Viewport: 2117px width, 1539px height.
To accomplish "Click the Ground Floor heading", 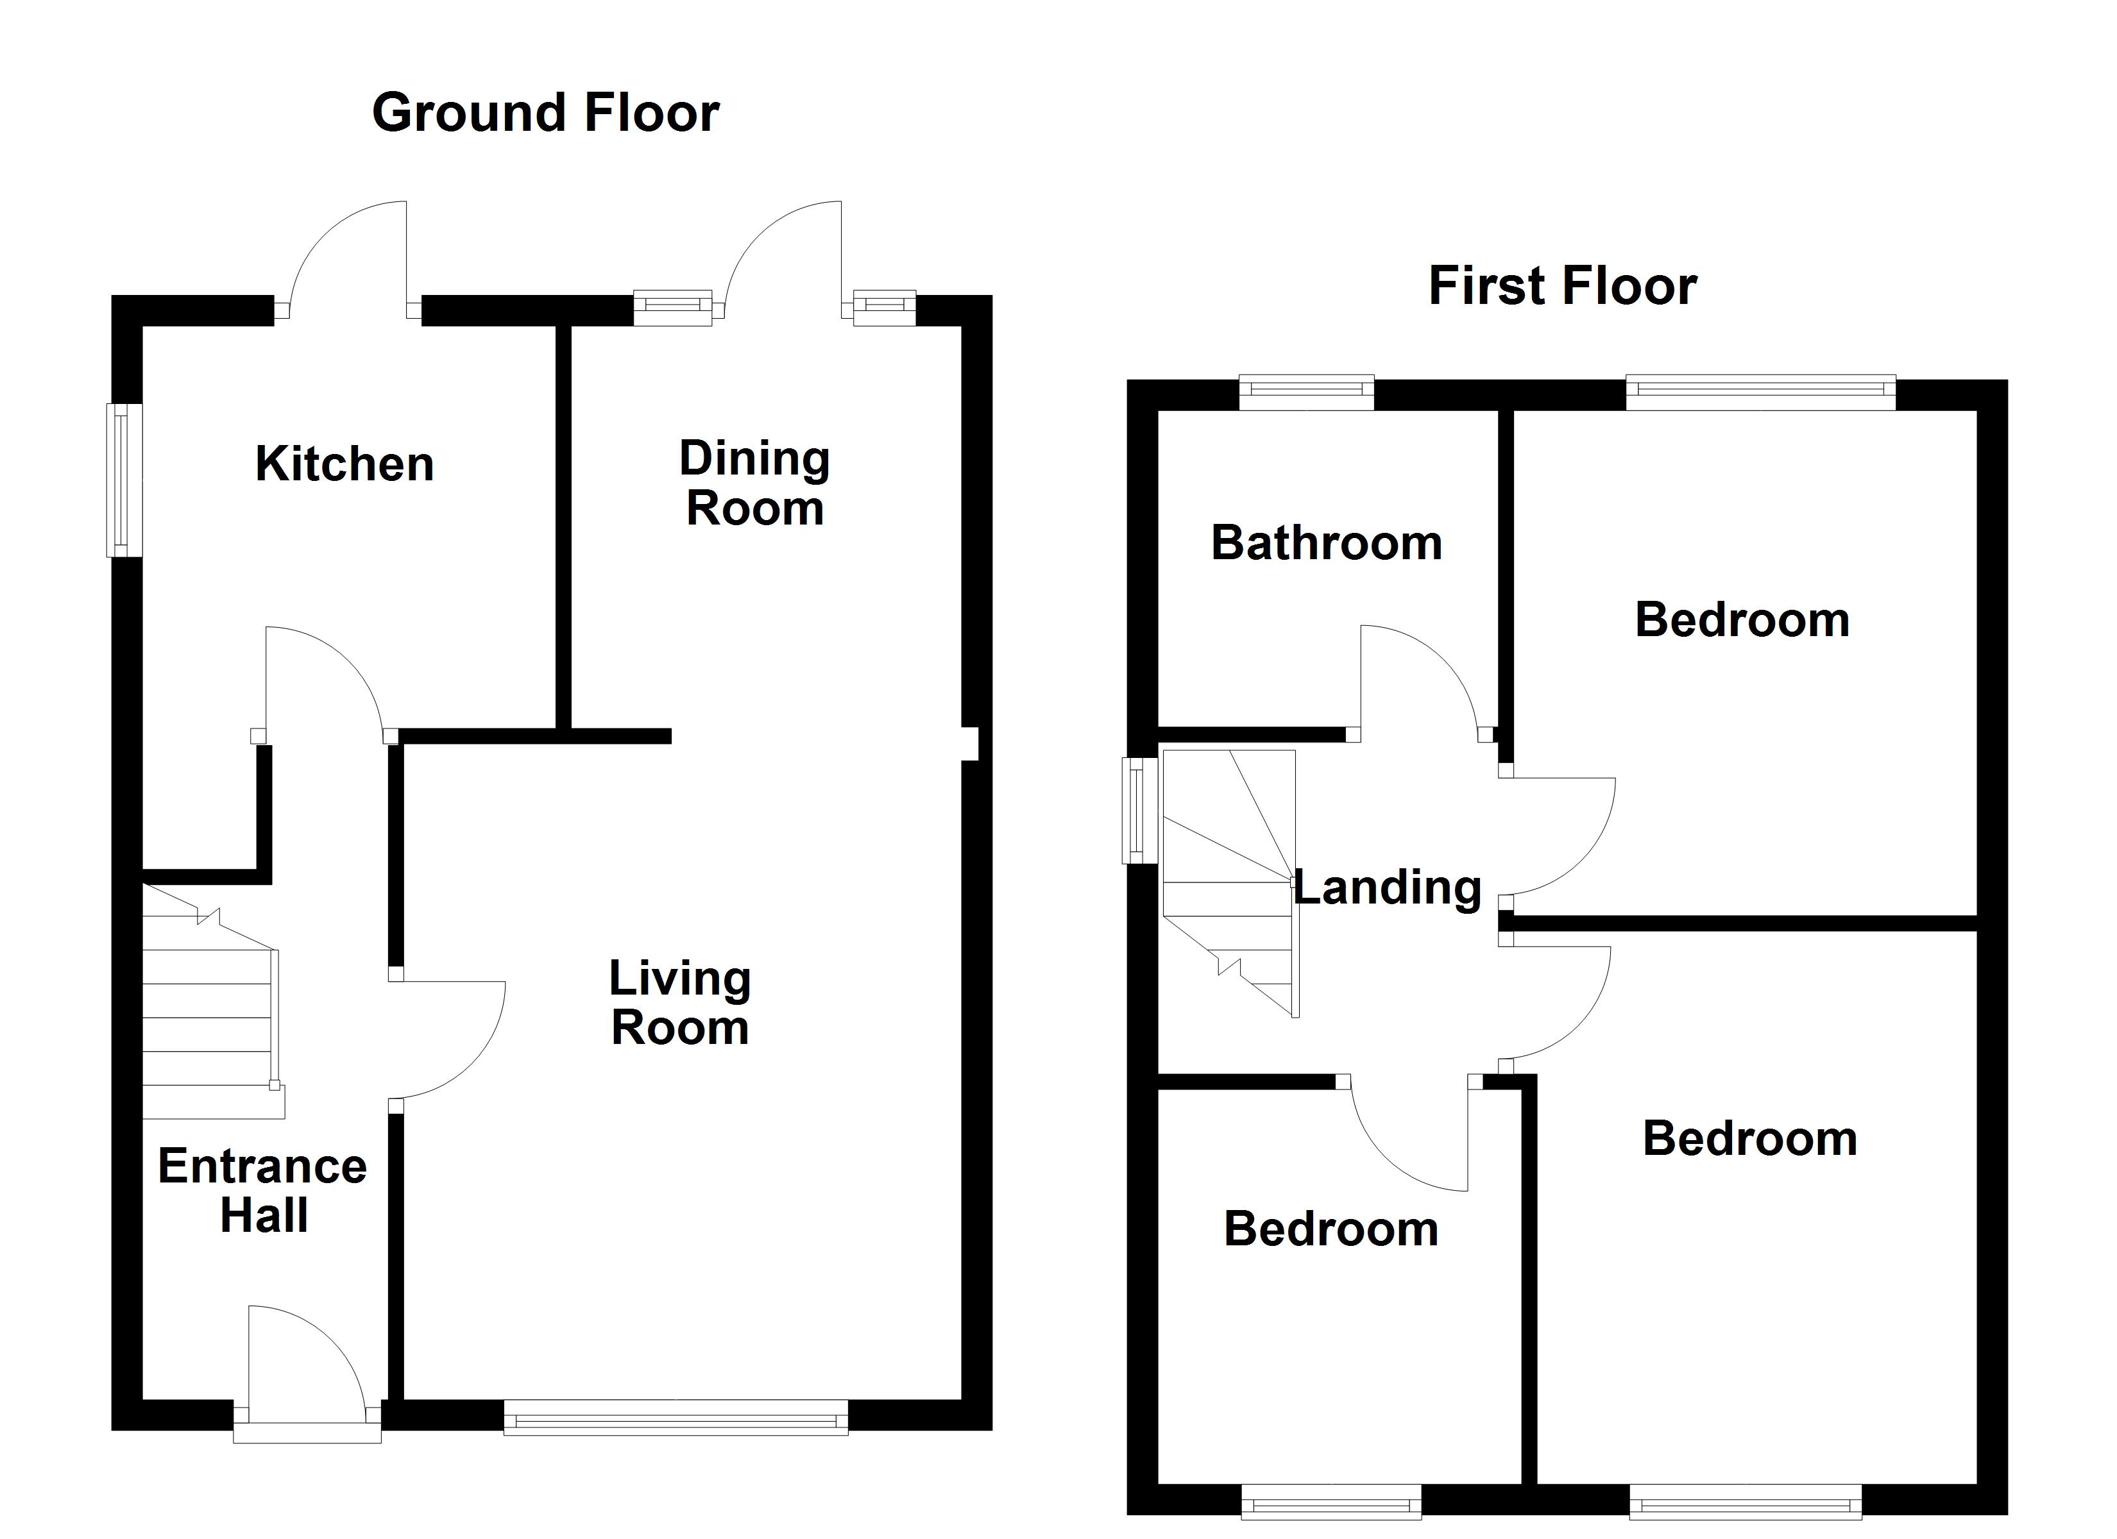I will click(545, 113).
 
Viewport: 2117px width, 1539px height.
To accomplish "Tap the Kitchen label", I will click(344, 464).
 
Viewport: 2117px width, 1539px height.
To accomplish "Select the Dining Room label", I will click(754, 484).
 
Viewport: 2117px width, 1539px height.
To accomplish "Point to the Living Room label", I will click(679, 1004).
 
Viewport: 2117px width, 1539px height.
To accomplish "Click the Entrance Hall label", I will click(262, 1191).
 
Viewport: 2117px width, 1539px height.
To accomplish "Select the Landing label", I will click(1386, 887).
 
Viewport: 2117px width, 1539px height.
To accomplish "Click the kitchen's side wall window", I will click(124, 480).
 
